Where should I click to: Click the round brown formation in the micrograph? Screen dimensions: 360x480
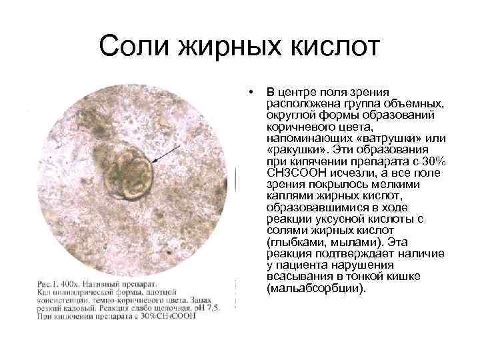point(129,175)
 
